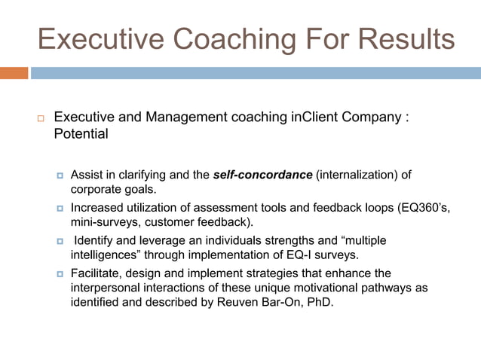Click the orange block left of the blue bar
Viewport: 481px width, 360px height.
(x=14, y=73)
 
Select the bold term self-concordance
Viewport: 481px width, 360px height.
(x=262, y=175)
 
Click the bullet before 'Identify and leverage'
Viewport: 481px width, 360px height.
(x=61, y=241)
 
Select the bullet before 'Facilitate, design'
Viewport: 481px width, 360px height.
(x=61, y=273)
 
